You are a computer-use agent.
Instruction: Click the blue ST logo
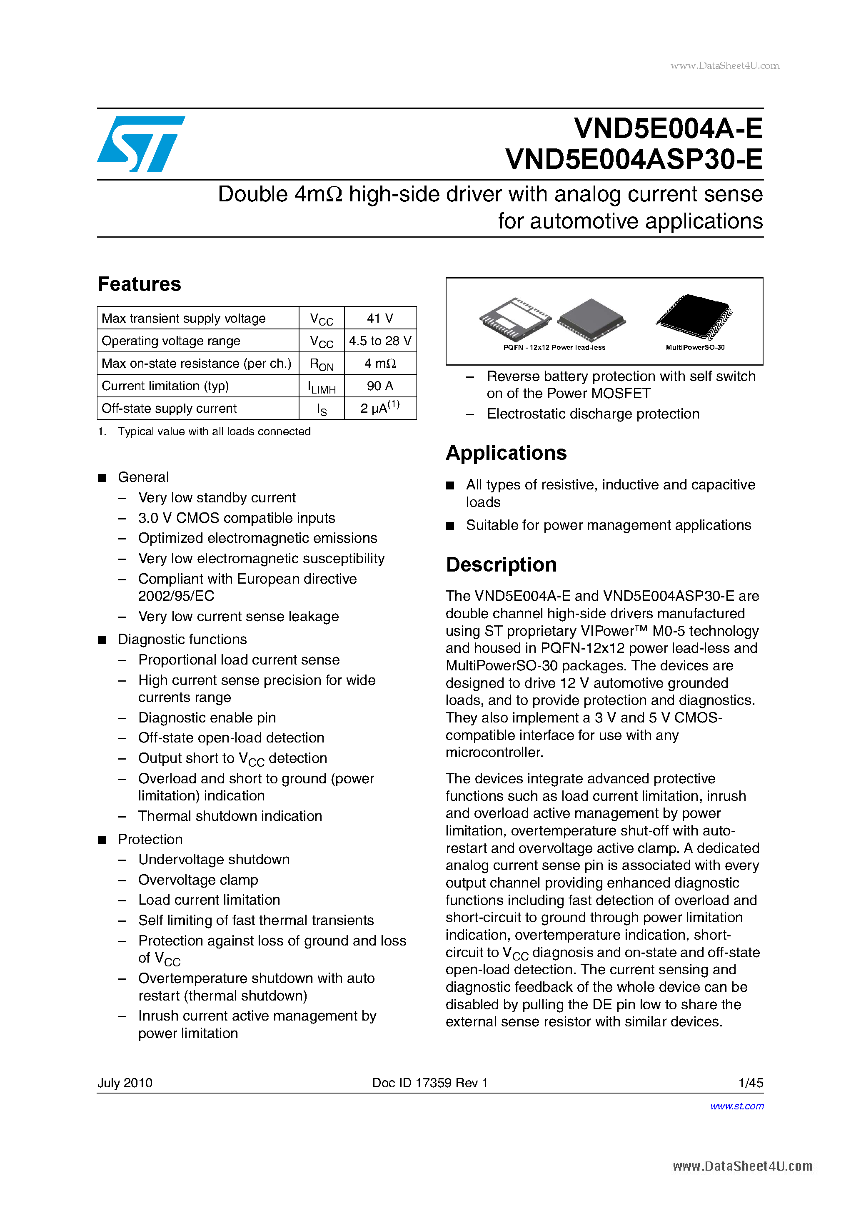pyautogui.click(x=140, y=143)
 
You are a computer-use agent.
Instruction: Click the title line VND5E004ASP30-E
pyautogui.click(x=634, y=159)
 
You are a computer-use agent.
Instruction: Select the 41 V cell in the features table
pyautogui.click(x=380, y=318)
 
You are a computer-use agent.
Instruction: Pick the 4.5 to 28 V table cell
pyautogui.click(x=380, y=341)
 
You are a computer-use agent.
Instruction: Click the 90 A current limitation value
pyautogui.click(x=380, y=386)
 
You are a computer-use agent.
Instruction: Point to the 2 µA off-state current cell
pyautogui.click(x=380, y=408)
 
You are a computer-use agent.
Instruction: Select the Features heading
pyautogui.click(x=140, y=284)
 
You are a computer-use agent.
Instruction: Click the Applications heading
pyautogui.click(x=506, y=453)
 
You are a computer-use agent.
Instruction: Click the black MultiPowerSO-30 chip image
pyautogui.click(x=694, y=316)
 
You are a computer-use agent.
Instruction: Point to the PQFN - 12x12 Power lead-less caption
pyautogui.click(x=554, y=347)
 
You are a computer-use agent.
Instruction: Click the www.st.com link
pyautogui.click(x=736, y=1106)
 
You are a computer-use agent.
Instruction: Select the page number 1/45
pyautogui.click(x=750, y=1083)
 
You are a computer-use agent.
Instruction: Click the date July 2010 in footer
pyautogui.click(x=125, y=1083)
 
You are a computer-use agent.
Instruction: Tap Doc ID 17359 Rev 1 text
pyautogui.click(x=430, y=1083)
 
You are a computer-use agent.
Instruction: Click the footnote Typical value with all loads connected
pyautogui.click(x=214, y=431)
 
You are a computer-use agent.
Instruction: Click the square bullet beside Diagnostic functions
pyautogui.click(x=102, y=640)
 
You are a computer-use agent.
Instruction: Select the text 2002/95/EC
pyautogui.click(x=176, y=596)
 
